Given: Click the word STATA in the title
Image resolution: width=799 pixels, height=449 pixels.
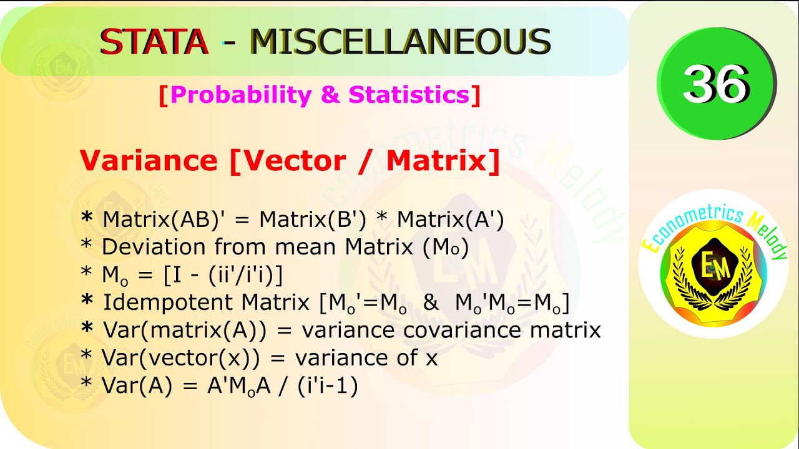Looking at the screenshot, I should (154, 42).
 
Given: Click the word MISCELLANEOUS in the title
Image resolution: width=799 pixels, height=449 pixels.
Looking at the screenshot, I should (400, 42).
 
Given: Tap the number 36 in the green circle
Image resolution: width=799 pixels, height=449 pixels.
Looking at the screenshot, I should (715, 84).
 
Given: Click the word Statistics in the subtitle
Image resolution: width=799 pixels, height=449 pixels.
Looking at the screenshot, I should (408, 95).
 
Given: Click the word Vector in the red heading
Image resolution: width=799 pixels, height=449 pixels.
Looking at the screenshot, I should (293, 161).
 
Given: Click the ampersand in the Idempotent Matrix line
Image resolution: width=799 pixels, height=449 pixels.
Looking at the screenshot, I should (430, 303).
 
